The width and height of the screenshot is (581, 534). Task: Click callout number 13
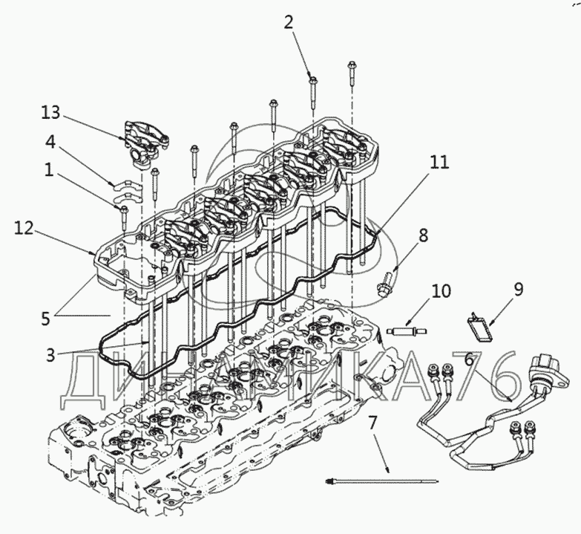pyautogui.click(x=50, y=112)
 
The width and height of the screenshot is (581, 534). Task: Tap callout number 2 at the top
pyautogui.click(x=289, y=22)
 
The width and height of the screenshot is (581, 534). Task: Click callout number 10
pyautogui.click(x=441, y=291)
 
